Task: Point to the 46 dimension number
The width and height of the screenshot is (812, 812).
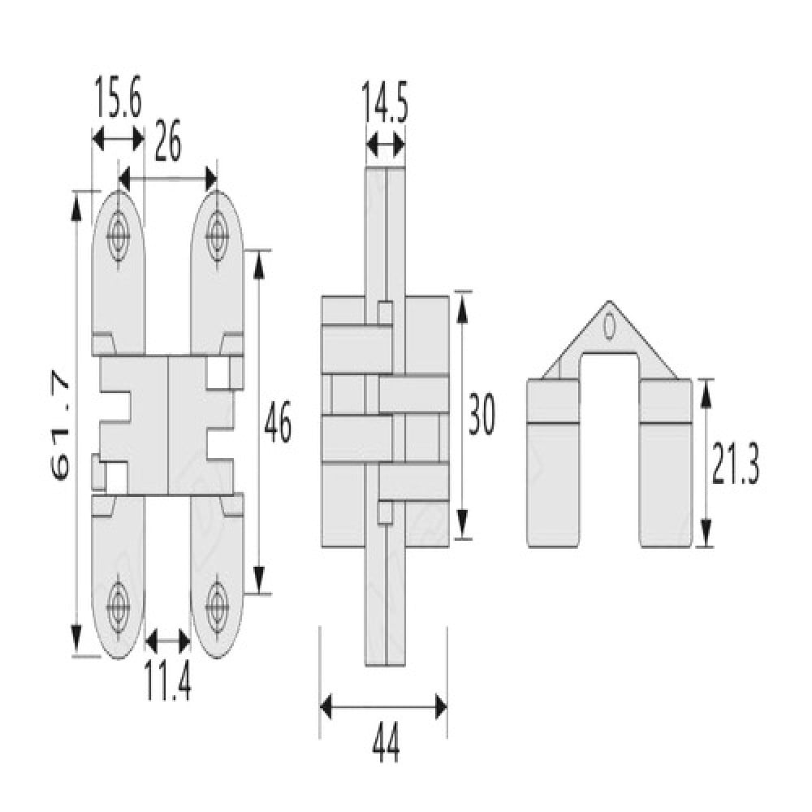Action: pos(278,421)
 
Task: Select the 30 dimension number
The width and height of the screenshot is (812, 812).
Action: pos(482,414)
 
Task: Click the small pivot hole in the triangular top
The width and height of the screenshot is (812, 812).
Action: pos(610,326)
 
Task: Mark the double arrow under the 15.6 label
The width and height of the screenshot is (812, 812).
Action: pos(118,139)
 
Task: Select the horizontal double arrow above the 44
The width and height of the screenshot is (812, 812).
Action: pos(384,706)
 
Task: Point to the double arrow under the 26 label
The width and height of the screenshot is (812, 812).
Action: pos(168,179)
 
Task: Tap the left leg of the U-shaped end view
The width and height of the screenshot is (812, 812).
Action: pos(553,463)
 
